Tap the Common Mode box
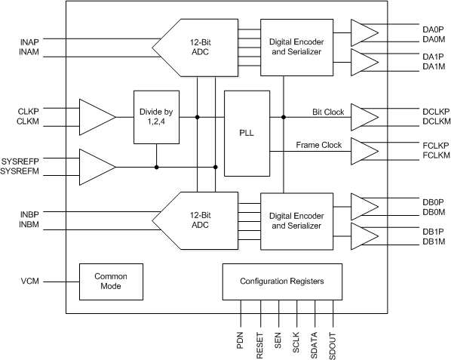click(105, 282)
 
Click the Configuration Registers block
click(281, 281)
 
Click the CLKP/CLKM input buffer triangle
click(96, 117)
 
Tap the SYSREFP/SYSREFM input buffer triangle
click(96, 166)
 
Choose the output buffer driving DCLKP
click(364, 117)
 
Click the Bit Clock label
click(327, 112)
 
